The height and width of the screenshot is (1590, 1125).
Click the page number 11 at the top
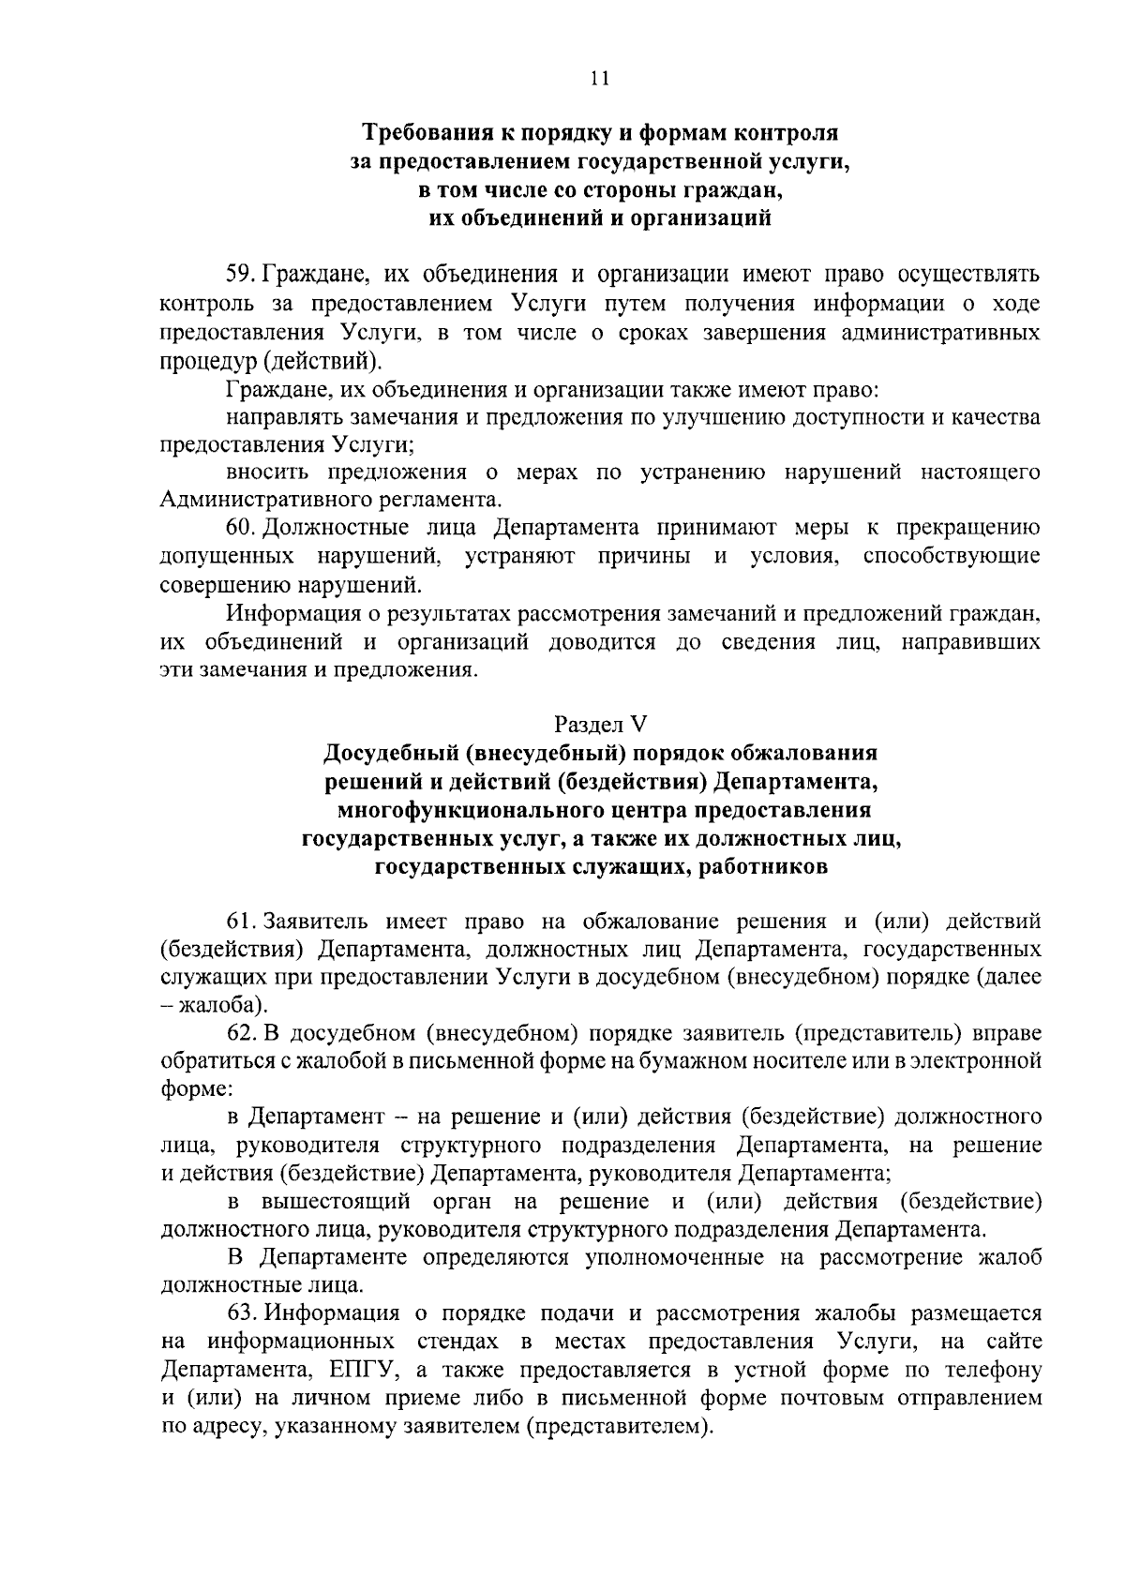click(x=600, y=79)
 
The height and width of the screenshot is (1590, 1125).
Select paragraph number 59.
click(x=241, y=276)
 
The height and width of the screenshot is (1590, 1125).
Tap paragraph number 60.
click(x=241, y=527)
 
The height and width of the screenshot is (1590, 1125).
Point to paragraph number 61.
click(x=241, y=922)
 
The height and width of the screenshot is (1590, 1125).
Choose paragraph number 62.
click(x=241, y=1034)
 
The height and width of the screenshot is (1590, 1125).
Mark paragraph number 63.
click(x=241, y=1314)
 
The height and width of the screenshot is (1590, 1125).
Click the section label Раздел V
click(x=600, y=724)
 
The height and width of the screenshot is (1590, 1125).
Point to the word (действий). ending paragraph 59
click(x=321, y=361)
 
